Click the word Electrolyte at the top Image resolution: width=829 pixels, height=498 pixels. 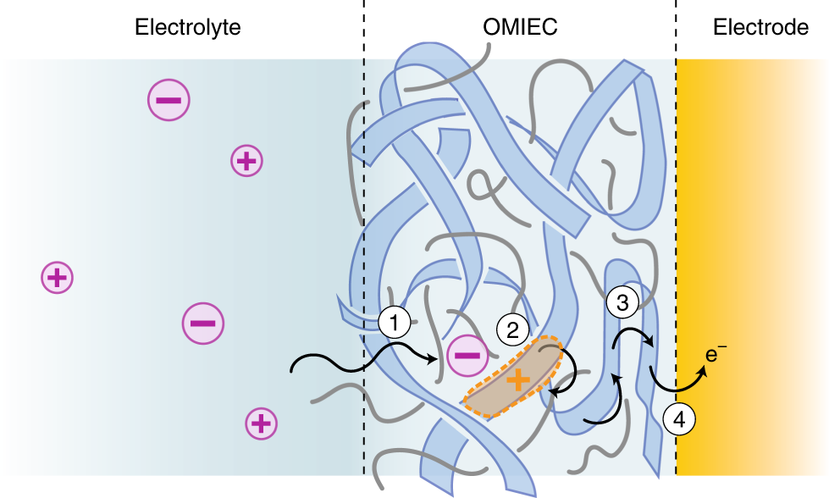(x=188, y=27)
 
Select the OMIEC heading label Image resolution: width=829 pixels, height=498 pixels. (x=520, y=27)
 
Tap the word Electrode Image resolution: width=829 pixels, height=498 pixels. (x=760, y=27)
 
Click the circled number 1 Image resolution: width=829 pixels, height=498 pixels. (x=395, y=322)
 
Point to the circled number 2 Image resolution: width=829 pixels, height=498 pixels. (x=512, y=330)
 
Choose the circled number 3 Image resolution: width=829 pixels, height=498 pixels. (x=622, y=303)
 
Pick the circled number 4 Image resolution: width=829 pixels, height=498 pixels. (x=679, y=417)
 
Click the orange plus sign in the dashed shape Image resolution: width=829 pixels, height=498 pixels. (x=514, y=381)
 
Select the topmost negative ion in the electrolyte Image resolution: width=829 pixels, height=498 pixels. (x=169, y=101)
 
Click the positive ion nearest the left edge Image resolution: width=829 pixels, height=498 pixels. (x=57, y=277)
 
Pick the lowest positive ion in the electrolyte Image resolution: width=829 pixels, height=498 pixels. (x=262, y=423)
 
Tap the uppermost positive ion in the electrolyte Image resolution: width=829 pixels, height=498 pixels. (x=246, y=160)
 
